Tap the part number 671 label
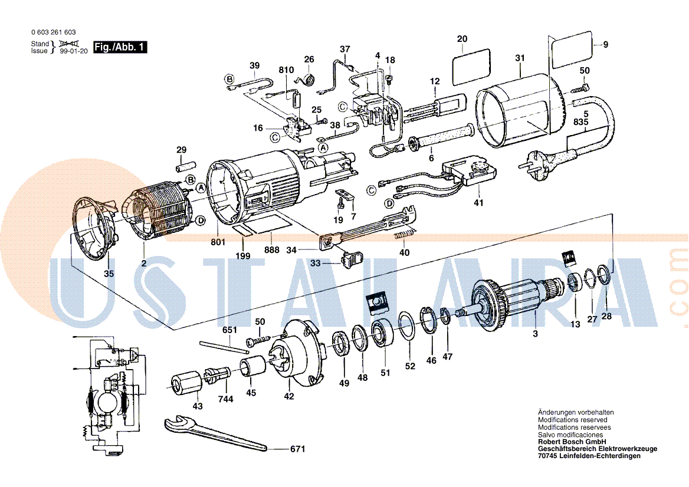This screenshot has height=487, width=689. pos(297,450)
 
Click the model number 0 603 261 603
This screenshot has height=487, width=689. pos(53,32)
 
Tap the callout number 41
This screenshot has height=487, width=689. pos(478,203)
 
